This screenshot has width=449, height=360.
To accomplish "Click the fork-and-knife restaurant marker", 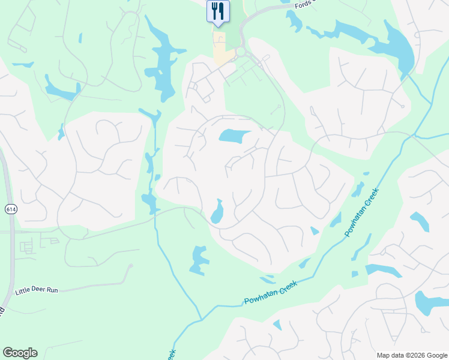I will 218,11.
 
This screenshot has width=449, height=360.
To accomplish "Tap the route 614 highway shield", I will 11,209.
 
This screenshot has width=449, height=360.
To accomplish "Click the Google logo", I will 20,353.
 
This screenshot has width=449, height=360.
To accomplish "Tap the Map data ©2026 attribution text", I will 412,355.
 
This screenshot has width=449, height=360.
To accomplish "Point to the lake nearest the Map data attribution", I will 430,304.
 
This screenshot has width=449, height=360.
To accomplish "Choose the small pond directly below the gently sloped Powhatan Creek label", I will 277,325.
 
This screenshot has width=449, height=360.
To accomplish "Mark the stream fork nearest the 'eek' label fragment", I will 201,319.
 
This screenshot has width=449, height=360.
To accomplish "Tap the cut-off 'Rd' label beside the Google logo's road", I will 2,311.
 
